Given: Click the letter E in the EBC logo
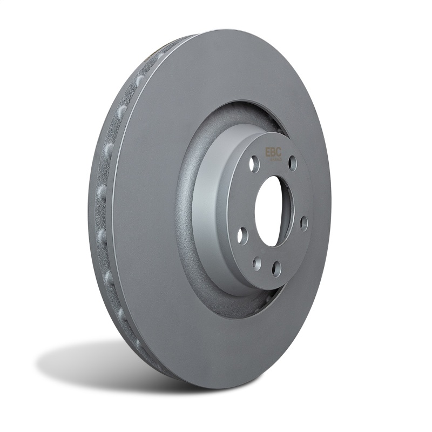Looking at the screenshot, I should pos(267,152).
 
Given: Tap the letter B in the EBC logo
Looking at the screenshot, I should pos(273,152).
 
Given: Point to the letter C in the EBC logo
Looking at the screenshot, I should pos(278,152).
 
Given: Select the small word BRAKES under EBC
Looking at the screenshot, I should pos(275,159).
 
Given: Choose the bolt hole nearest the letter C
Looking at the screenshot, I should pos(292,163).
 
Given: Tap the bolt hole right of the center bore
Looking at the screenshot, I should pos(304,223).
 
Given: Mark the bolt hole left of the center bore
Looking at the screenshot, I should pos(242,235).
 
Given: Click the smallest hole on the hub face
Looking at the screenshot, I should pos(257,264).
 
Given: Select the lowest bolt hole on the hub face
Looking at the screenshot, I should pos(276,268).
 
